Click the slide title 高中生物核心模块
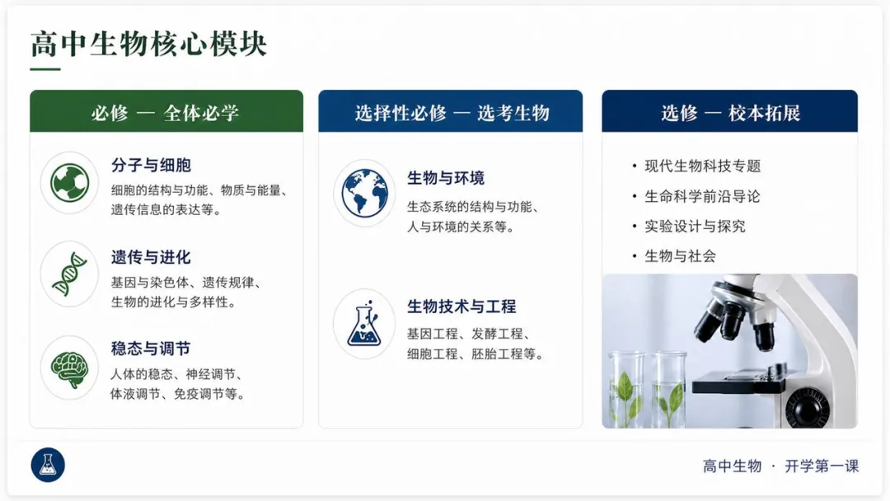click(x=148, y=44)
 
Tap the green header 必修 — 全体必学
click(x=166, y=111)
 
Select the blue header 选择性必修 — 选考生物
click(x=451, y=111)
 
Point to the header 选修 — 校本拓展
click(x=730, y=111)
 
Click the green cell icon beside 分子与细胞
click(x=69, y=183)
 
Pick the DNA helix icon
click(x=69, y=274)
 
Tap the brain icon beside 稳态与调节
click(x=69, y=368)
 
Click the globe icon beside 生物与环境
click(x=364, y=193)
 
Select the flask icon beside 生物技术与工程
click(x=364, y=324)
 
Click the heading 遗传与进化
click(x=151, y=258)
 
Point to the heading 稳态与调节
click(x=151, y=349)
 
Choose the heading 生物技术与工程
click(x=461, y=307)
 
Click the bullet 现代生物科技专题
click(x=702, y=166)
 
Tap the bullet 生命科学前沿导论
click(x=702, y=196)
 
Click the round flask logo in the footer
click(x=48, y=465)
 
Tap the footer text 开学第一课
click(x=822, y=466)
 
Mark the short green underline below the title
click(x=45, y=69)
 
